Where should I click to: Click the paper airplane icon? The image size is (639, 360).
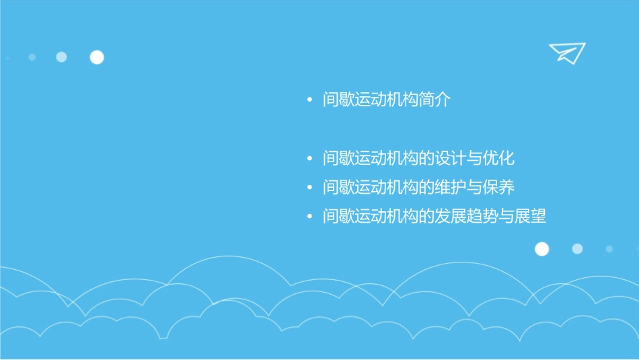566,52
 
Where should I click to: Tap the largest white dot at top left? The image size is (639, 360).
97,57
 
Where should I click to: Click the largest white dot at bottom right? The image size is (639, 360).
541,249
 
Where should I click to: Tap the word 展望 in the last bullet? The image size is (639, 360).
531,217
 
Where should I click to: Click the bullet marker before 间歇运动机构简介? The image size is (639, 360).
309,101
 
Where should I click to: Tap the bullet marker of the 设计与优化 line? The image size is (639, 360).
309,159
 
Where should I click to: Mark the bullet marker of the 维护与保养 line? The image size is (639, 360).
309,188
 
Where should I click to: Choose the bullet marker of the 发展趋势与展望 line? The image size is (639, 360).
309,217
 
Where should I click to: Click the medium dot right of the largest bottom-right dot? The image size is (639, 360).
577,249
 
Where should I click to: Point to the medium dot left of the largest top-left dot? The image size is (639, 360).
61,57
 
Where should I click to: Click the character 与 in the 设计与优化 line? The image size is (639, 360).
475,159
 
